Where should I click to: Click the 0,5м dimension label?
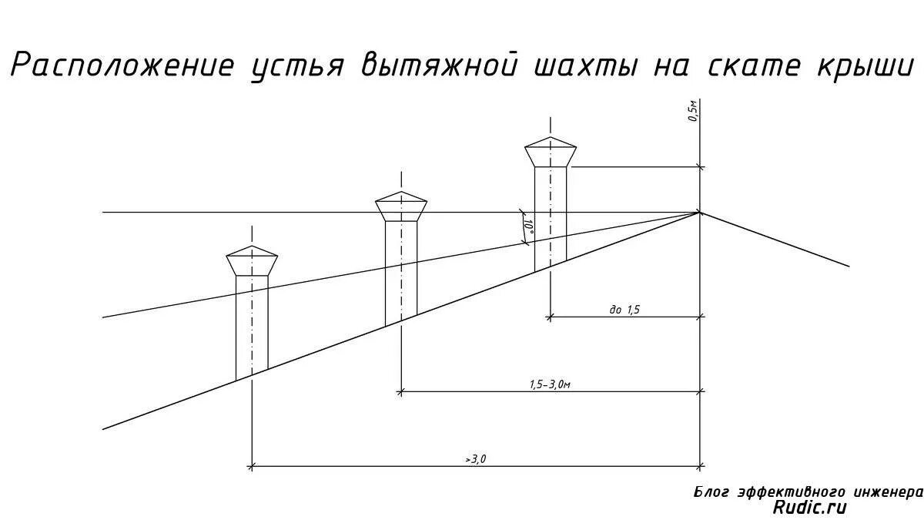pyautogui.click(x=692, y=112)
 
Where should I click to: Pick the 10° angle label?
pyautogui.click(x=528, y=228)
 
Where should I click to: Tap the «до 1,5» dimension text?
pyautogui.click(x=624, y=310)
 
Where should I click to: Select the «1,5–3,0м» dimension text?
pyautogui.click(x=550, y=384)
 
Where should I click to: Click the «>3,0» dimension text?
pyautogui.click(x=476, y=459)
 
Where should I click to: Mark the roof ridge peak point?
pyautogui.click(x=700, y=212)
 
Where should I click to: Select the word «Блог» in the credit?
pyautogui.click(x=711, y=491)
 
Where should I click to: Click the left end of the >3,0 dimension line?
pyautogui.click(x=252, y=466)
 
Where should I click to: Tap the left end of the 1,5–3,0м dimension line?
pyautogui.click(x=401, y=391)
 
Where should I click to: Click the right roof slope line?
pyautogui.click(x=774, y=239)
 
